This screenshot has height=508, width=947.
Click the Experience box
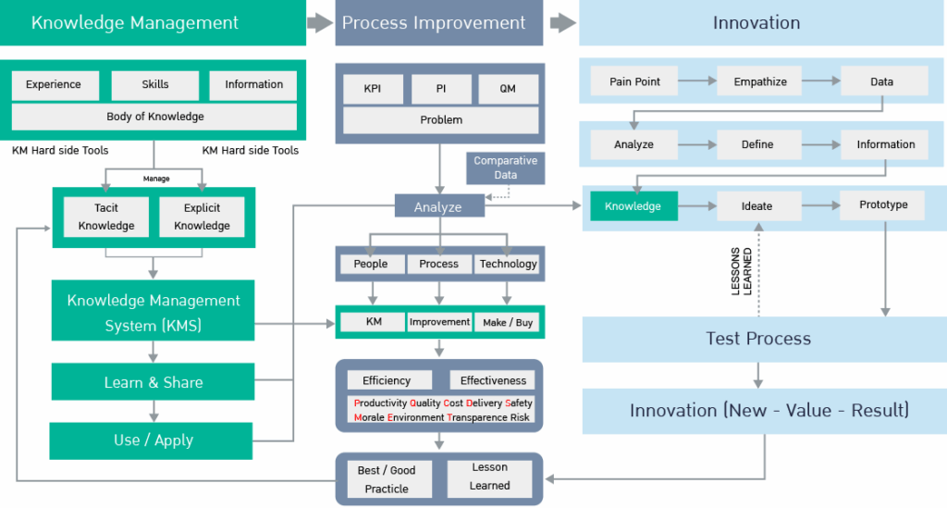click(x=54, y=85)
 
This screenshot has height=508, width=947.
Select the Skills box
click(x=155, y=85)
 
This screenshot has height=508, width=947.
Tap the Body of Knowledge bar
click(x=154, y=117)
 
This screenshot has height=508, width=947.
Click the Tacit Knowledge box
click(x=106, y=217)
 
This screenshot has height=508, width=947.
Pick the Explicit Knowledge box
click(x=202, y=217)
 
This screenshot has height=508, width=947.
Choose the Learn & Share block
click(x=153, y=382)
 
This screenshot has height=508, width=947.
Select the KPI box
click(x=371, y=89)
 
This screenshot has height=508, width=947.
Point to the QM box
click(x=508, y=89)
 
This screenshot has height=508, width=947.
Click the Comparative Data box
click(x=505, y=167)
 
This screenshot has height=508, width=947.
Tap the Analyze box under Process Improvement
click(x=438, y=206)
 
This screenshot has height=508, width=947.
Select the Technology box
click(x=508, y=264)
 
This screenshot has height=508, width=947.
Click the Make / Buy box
click(x=508, y=323)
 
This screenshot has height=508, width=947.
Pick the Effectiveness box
click(x=493, y=380)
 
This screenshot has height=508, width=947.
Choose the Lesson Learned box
click(x=489, y=477)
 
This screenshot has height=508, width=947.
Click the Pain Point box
click(x=634, y=81)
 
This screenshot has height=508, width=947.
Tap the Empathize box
click(x=759, y=81)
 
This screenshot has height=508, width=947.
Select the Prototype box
click(x=882, y=205)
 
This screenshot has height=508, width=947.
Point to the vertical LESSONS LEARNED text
click(x=741, y=271)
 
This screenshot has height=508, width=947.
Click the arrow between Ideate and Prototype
click(x=819, y=205)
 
